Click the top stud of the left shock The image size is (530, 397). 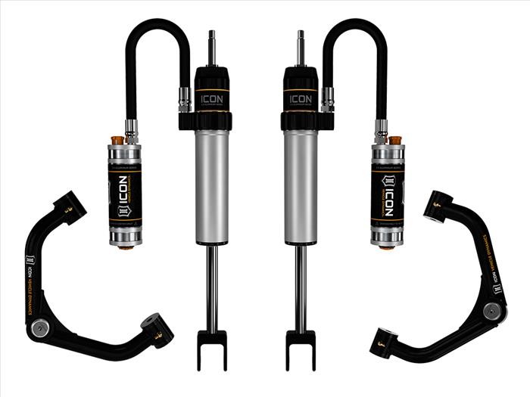(x=211, y=46)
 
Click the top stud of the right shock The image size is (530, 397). (x=301, y=46)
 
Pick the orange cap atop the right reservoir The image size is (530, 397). (x=394, y=140)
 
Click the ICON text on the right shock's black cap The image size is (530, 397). (x=301, y=98)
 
